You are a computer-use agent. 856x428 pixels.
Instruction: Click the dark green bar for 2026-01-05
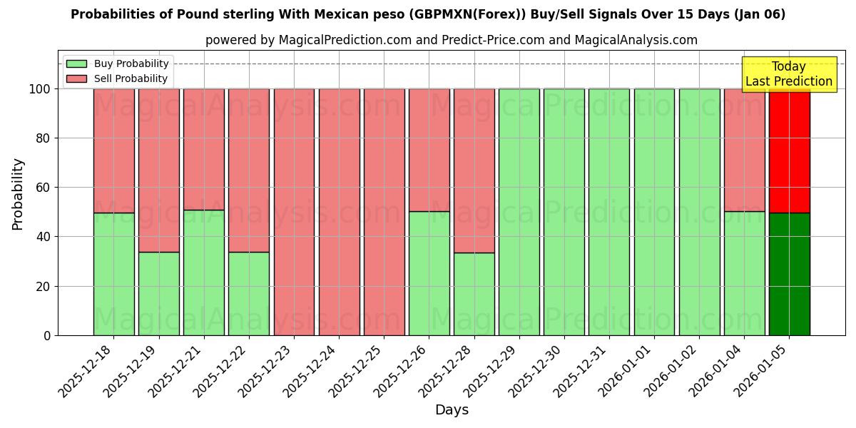pyautogui.click(x=789, y=274)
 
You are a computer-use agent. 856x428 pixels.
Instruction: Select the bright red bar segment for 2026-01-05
pyautogui.click(x=789, y=151)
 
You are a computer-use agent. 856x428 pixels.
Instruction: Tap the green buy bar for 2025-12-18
pyautogui.click(x=113, y=274)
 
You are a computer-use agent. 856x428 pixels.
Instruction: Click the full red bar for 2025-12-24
pyautogui.click(x=339, y=212)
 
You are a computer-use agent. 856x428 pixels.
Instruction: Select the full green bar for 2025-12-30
pyautogui.click(x=564, y=212)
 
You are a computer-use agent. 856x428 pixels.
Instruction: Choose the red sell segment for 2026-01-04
pyautogui.click(x=744, y=150)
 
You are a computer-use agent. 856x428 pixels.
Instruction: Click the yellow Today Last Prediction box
pyautogui.click(x=788, y=74)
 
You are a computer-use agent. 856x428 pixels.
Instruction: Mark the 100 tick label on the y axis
pyautogui.click(x=39, y=89)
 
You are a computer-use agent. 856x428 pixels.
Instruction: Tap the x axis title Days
pyautogui.click(x=452, y=410)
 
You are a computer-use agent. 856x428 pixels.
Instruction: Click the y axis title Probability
pyautogui.click(x=18, y=193)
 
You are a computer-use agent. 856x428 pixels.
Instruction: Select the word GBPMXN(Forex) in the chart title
pyautogui.click(x=529, y=14)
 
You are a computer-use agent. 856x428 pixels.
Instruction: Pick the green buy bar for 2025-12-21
pyautogui.click(x=203, y=272)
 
